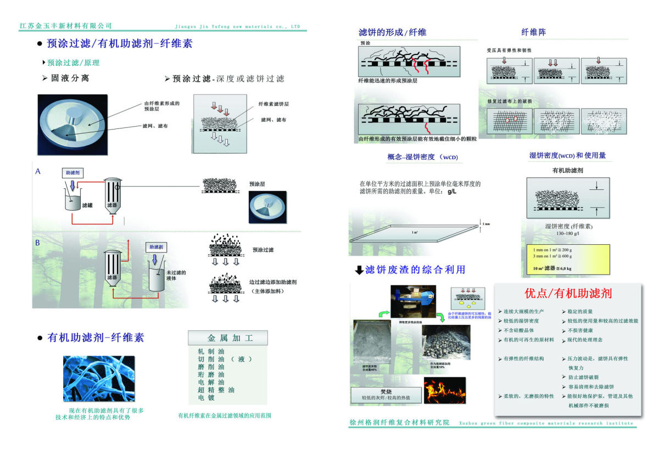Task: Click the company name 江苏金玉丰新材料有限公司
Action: click(x=65, y=26)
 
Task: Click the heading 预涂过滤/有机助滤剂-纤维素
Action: click(x=120, y=43)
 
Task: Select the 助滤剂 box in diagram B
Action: click(x=155, y=248)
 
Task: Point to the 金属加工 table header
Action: click(x=228, y=337)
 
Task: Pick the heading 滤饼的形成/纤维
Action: click(x=392, y=32)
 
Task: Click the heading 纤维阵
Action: click(x=533, y=32)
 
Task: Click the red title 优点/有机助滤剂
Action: click(x=568, y=294)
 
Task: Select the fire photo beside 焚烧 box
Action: click(x=444, y=390)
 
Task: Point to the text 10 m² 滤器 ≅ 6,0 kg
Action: click(x=552, y=269)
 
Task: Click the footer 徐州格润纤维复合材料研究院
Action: click(x=399, y=423)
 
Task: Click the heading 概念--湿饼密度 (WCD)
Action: click(x=422, y=157)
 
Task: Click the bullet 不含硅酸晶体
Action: click(x=518, y=330)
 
